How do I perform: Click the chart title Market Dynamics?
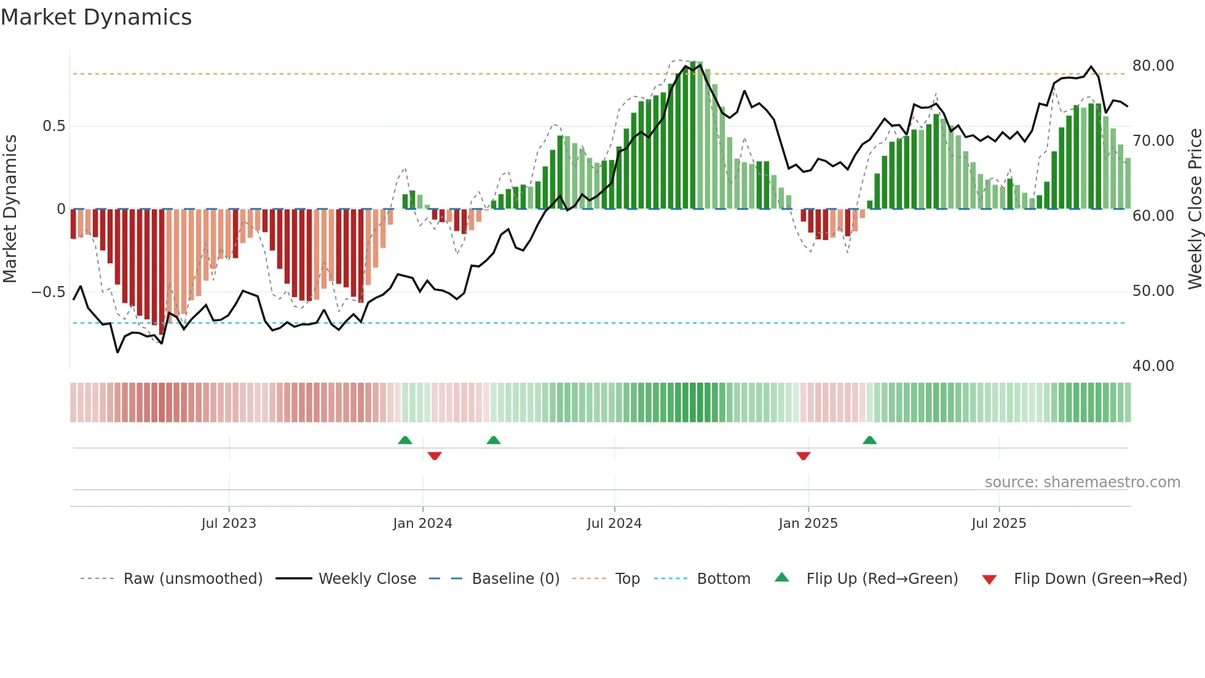(x=96, y=17)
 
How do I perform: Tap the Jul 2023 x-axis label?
(x=229, y=524)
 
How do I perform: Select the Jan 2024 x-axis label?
(x=422, y=524)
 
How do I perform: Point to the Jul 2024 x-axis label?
(x=614, y=524)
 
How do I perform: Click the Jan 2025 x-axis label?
(x=808, y=524)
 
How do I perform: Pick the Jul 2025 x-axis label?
(x=999, y=524)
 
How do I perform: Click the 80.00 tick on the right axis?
(x=1153, y=66)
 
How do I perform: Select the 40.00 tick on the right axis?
(x=1153, y=366)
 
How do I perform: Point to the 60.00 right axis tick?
(x=1153, y=216)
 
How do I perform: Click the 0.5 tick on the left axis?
(x=53, y=126)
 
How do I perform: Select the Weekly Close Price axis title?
(x=1195, y=209)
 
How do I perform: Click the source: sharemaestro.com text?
(x=1082, y=482)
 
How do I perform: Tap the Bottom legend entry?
(x=723, y=579)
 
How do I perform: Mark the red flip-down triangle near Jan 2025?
(x=803, y=456)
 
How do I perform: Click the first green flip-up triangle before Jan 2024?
(x=405, y=440)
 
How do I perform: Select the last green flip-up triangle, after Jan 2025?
(x=869, y=440)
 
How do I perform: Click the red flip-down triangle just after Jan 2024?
(x=435, y=456)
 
